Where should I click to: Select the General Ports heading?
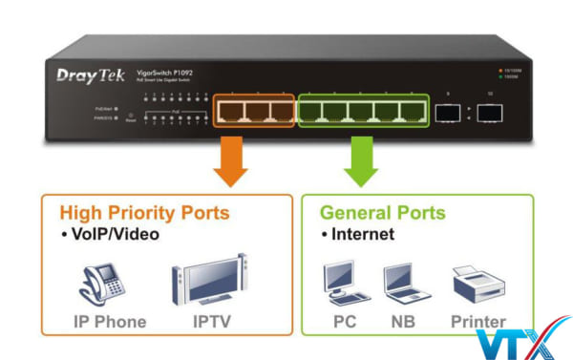(382, 212)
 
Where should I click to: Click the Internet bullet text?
(360, 233)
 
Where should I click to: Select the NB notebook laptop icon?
(402, 285)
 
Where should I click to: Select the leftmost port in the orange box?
(232, 112)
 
